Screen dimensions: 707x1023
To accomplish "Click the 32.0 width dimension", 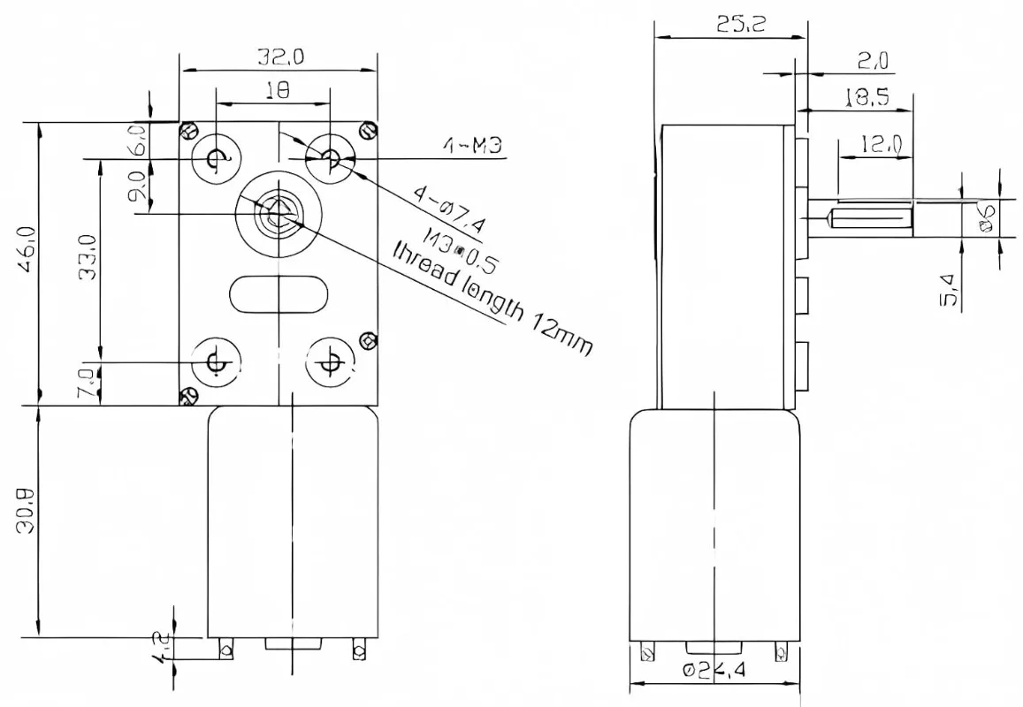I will (280, 57).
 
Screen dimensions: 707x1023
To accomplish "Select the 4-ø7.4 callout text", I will (449, 213).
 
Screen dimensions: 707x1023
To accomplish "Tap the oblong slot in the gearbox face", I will (279, 293).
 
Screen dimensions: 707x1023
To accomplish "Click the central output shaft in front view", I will (277, 213).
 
